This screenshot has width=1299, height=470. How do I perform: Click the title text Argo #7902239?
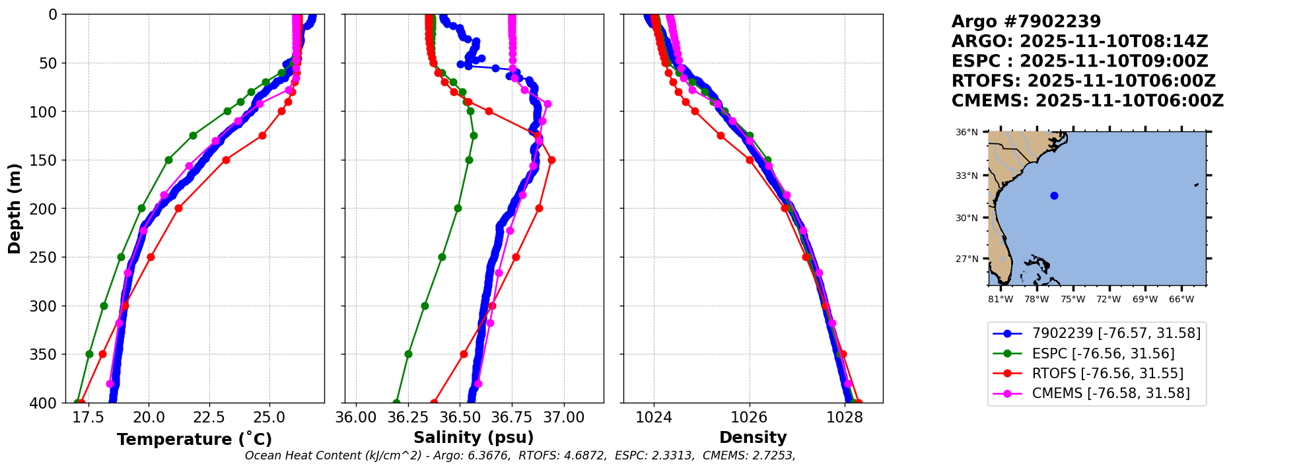click(1026, 22)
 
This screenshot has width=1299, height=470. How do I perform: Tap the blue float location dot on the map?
click(1054, 195)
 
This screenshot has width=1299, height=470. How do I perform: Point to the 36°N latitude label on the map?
click(967, 133)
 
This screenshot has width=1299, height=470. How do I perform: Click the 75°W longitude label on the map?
click(1072, 300)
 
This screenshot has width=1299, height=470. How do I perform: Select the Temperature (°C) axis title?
click(194, 440)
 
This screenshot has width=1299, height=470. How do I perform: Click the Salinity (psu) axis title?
click(474, 438)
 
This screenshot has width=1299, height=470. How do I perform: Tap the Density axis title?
click(753, 438)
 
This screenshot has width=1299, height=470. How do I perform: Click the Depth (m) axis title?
click(15, 208)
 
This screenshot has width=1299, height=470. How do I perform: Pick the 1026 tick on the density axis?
click(750, 418)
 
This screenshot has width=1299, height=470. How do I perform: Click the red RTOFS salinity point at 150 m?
click(551, 160)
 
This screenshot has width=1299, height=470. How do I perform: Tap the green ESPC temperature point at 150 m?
click(168, 160)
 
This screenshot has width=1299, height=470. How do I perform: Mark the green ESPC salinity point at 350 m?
click(408, 354)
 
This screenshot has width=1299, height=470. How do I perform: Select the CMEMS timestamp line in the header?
click(1087, 101)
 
